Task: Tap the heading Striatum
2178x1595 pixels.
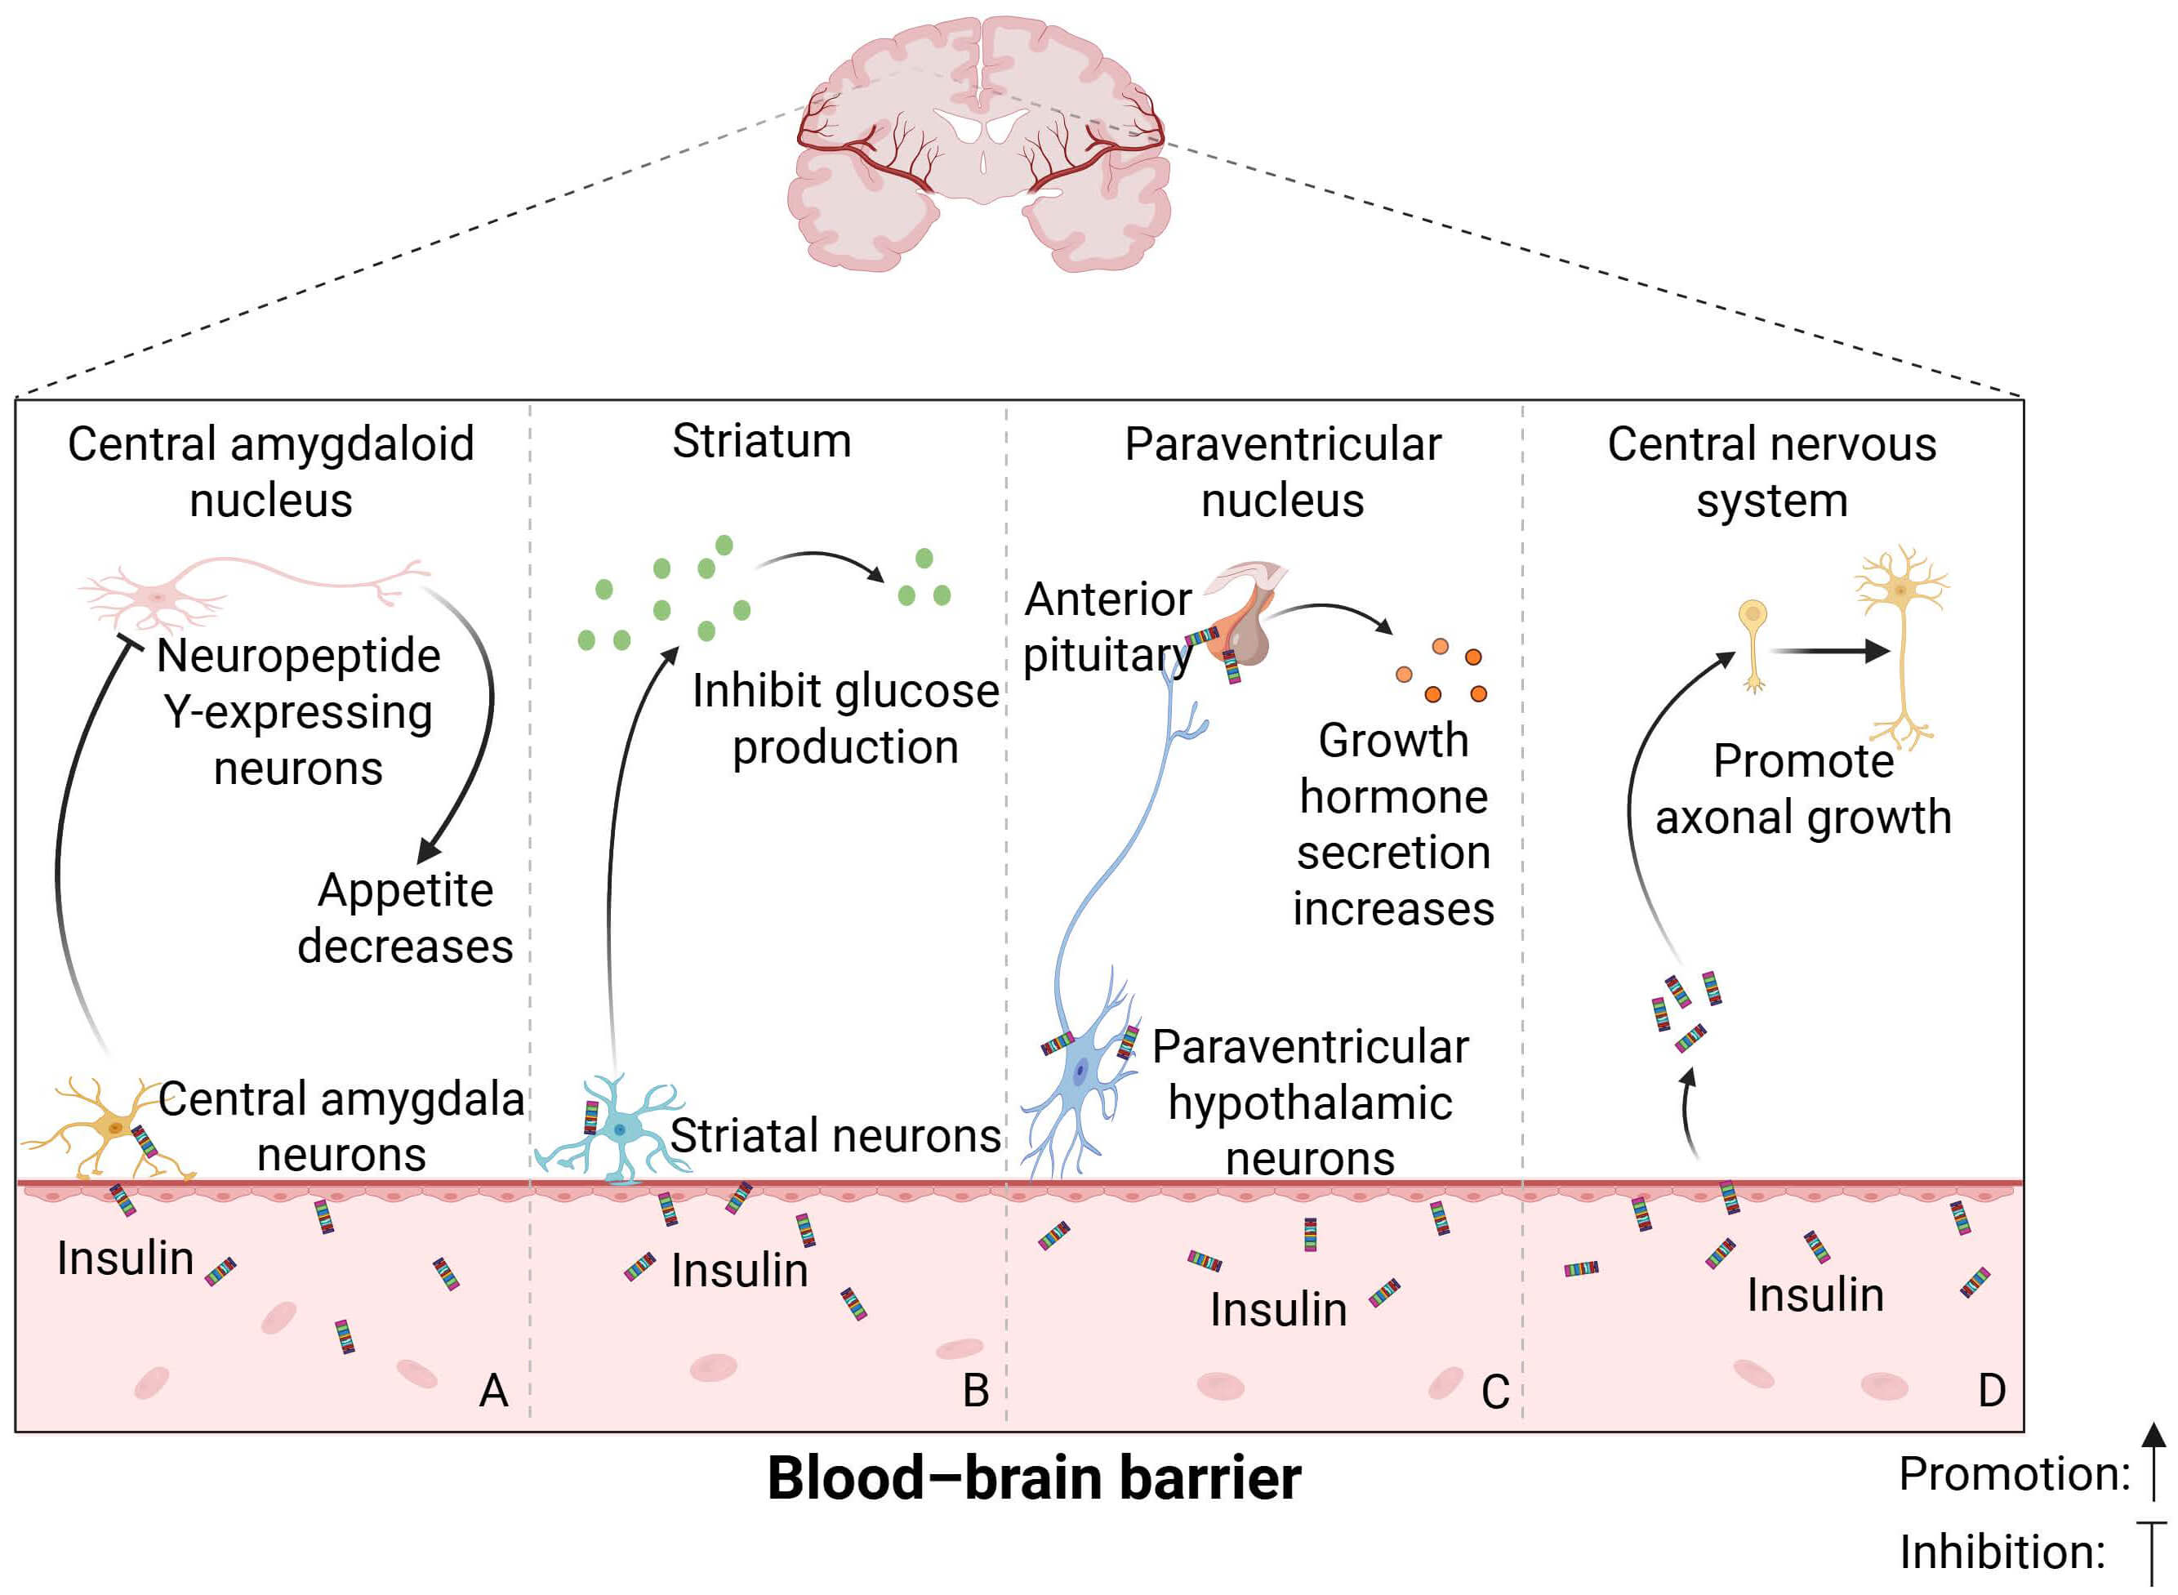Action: click(762, 441)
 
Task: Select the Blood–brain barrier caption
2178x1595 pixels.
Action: click(1033, 1478)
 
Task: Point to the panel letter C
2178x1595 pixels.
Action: click(1494, 1392)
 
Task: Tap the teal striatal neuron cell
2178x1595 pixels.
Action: click(618, 1129)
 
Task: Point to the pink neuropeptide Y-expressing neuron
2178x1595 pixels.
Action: click(159, 595)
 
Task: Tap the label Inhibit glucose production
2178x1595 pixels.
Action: click(844, 720)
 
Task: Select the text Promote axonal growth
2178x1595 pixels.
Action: click(1802, 790)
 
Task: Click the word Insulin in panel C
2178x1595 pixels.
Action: click(1278, 1310)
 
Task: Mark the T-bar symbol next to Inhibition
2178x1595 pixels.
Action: click(2152, 1553)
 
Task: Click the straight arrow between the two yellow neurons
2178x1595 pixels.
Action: click(1829, 652)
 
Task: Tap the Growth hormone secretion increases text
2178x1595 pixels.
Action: click(1393, 826)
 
